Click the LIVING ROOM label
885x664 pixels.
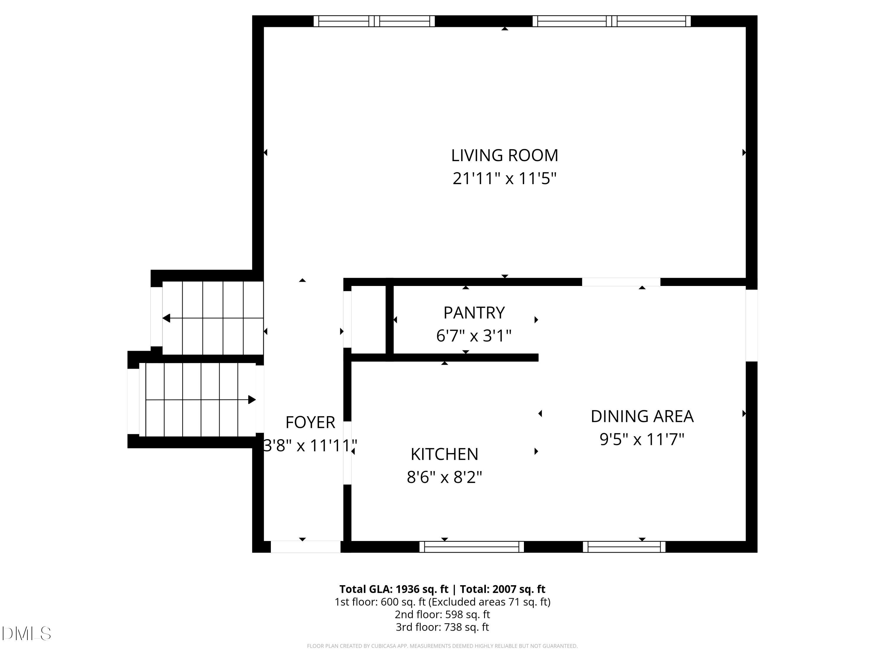pyautogui.click(x=504, y=155)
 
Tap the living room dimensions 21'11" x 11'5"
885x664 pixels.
pyautogui.click(x=504, y=179)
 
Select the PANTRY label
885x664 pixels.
pyautogui.click(x=474, y=313)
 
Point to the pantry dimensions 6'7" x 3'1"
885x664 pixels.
pyautogui.click(x=474, y=336)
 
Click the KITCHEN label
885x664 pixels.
pyautogui.click(x=445, y=454)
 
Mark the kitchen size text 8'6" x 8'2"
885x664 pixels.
pyautogui.click(x=445, y=477)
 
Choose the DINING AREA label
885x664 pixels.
pyautogui.click(x=642, y=416)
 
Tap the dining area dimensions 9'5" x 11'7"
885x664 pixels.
pyautogui.click(x=642, y=439)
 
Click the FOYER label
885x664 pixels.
pyautogui.click(x=310, y=422)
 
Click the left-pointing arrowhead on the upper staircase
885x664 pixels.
pyautogui.click(x=166, y=318)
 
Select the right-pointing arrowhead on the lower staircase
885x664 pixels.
pyautogui.click(x=252, y=400)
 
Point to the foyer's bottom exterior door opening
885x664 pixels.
pyautogui.click(x=306, y=547)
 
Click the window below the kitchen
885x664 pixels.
pyautogui.click(x=472, y=547)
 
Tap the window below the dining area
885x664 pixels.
pyautogui.click(x=624, y=547)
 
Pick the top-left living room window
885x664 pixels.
pyautogui.click(x=374, y=21)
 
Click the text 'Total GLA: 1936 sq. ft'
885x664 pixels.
pyautogui.click(x=394, y=589)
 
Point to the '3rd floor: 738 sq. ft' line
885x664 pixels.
pyautogui.click(x=442, y=627)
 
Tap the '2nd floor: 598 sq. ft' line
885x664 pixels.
pyautogui.click(x=442, y=614)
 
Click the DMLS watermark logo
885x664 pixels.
pyautogui.click(x=27, y=634)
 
